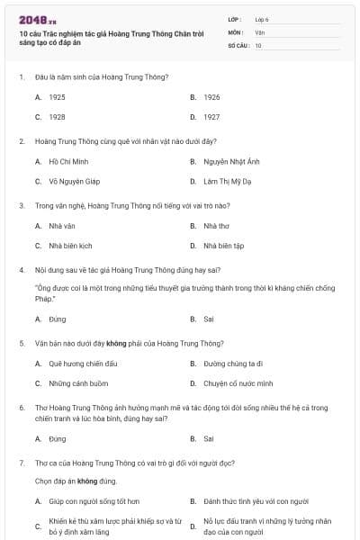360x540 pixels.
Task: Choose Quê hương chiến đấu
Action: pyautogui.click(x=80, y=364)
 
